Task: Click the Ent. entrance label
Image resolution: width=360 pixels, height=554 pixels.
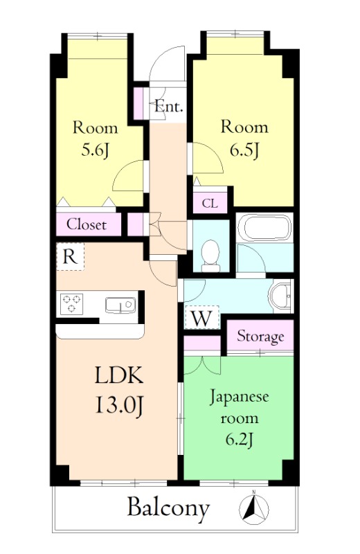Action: click(x=169, y=107)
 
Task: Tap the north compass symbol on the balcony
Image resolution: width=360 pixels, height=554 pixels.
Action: click(x=253, y=509)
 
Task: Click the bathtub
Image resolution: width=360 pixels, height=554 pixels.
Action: click(x=264, y=228)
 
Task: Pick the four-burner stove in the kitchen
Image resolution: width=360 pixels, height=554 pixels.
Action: click(x=71, y=304)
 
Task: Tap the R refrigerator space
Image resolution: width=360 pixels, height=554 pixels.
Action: click(x=69, y=256)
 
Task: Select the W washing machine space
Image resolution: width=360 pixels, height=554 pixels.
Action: click(x=201, y=319)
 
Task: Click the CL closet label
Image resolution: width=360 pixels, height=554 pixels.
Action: click(x=210, y=204)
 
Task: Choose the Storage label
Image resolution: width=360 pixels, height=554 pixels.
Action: click(x=260, y=337)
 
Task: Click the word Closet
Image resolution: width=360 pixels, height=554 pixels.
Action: click(x=87, y=224)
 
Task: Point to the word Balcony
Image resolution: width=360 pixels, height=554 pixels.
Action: click(x=168, y=509)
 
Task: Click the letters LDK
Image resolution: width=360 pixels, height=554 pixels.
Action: click(x=118, y=376)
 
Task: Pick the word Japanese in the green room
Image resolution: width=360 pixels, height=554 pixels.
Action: click(x=240, y=398)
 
